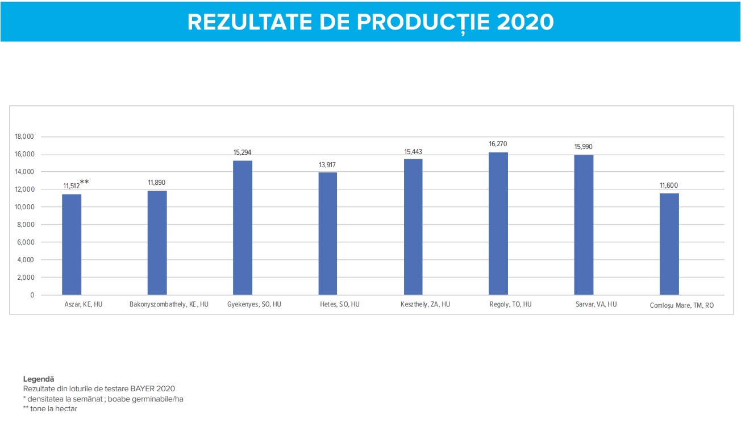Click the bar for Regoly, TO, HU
pos(498,224)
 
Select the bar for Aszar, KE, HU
pos(72,245)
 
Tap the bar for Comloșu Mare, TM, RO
pos(669,244)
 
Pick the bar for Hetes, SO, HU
pos(328,234)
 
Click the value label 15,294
pos(243,152)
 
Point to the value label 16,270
pos(498,144)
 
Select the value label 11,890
pos(157,183)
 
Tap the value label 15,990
pos(584,147)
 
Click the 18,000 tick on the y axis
pos(24,137)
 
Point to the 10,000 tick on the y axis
pos(24,207)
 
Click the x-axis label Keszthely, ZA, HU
pos(425,304)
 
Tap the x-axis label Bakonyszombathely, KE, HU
pos(169,304)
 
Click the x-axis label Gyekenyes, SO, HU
pos(254,304)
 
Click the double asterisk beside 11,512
pos(84,182)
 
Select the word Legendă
pos(39,378)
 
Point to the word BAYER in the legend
pos(134,388)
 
